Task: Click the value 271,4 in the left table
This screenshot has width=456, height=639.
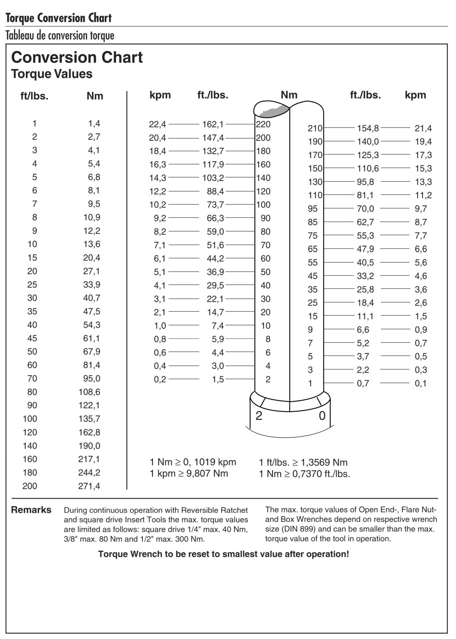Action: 89,486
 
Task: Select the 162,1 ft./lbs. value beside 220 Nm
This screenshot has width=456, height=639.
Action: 213,124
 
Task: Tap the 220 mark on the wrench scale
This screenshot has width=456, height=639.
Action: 263,124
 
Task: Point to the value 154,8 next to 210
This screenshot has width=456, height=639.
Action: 368,128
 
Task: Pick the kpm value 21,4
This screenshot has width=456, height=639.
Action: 423,128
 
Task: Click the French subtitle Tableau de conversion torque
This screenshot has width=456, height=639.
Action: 60,35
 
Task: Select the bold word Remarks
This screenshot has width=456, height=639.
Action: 31,510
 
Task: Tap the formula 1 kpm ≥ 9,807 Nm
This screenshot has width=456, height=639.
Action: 189,474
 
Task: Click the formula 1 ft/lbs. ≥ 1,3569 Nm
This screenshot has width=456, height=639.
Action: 303,462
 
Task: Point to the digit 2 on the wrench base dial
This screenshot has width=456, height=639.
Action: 259,416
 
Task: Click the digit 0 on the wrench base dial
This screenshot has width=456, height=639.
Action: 322,416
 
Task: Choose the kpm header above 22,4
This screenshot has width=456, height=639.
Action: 160,95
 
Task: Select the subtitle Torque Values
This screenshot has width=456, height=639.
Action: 52,74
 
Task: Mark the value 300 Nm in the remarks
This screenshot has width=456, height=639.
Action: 190,539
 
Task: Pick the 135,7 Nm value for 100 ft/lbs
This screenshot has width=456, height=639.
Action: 89,419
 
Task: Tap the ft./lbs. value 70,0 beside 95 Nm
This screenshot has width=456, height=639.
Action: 365,209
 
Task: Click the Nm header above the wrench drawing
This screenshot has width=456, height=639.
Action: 289,95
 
